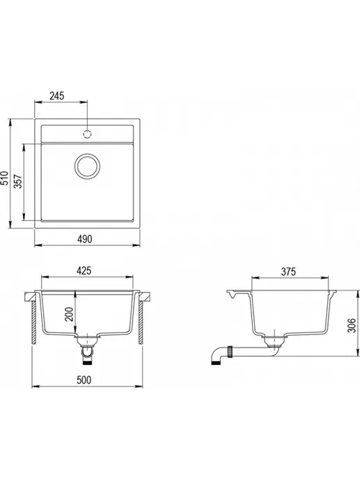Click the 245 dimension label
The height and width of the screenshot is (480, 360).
point(57,96)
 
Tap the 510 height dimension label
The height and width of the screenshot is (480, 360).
point(5,178)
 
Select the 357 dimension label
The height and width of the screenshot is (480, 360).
point(18,182)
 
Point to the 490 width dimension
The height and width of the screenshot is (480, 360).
point(84,239)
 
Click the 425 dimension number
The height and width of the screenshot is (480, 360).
point(84,270)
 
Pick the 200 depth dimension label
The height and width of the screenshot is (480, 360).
point(70,314)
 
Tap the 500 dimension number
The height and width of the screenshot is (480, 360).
point(84,380)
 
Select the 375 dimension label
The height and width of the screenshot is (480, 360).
point(288,272)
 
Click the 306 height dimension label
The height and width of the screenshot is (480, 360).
point(352,325)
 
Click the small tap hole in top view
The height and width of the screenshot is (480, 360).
point(87,134)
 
